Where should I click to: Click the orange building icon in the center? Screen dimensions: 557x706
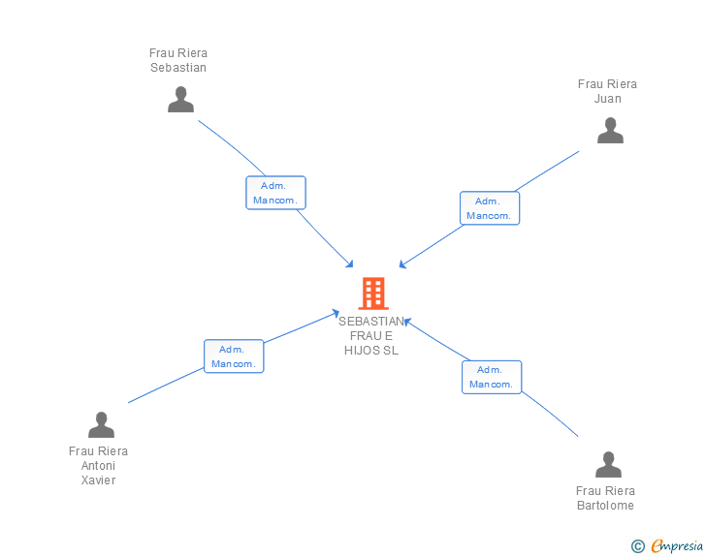click(x=373, y=293)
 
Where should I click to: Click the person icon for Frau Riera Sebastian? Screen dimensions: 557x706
click(x=180, y=100)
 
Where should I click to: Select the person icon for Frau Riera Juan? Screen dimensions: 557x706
click(x=610, y=131)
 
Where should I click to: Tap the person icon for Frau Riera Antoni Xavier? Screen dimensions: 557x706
click(x=101, y=425)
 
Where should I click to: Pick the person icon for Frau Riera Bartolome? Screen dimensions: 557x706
click(x=608, y=465)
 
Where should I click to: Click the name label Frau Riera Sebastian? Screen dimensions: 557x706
click(x=178, y=60)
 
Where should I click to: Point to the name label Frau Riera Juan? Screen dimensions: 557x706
click(x=607, y=91)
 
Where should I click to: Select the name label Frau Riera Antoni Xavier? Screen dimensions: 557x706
click(x=98, y=465)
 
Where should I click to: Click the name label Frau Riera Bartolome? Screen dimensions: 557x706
click(x=605, y=498)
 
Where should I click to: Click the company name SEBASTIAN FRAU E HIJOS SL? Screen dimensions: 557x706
click(x=371, y=335)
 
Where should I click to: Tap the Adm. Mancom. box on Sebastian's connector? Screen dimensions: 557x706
click(x=275, y=193)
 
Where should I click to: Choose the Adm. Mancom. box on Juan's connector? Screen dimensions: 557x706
click(x=489, y=208)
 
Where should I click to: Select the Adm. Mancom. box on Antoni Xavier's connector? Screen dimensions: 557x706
click(x=234, y=356)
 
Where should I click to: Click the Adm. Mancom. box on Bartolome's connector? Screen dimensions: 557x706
click(x=492, y=377)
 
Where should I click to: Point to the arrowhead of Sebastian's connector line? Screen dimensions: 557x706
click(x=351, y=264)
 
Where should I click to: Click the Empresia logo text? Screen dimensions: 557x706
click(x=676, y=546)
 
